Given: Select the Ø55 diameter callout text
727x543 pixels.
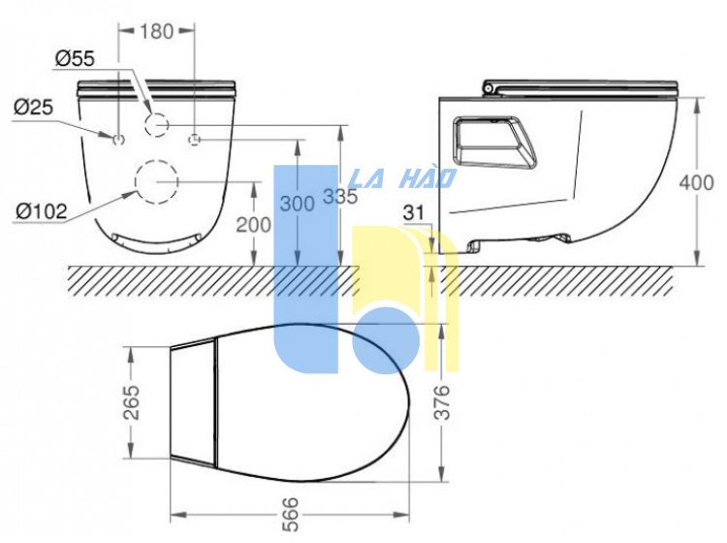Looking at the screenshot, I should click(75, 60).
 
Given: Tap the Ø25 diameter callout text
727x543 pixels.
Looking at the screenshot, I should click(32, 106).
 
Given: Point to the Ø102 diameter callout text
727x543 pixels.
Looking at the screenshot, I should click(41, 210).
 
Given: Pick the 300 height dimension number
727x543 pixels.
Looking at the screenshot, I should click(296, 204).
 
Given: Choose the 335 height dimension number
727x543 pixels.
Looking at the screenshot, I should click(340, 196).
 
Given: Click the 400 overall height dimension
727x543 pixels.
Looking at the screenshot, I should click(696, 182).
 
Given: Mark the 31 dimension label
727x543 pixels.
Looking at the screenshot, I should click(415, 211).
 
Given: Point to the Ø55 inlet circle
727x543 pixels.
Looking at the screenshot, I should click(158, 124).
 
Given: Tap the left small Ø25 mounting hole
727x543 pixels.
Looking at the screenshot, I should click(119, 140).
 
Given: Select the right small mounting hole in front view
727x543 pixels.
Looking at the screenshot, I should click(197, 140).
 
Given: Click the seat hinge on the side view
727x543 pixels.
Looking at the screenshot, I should click(490, 88).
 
